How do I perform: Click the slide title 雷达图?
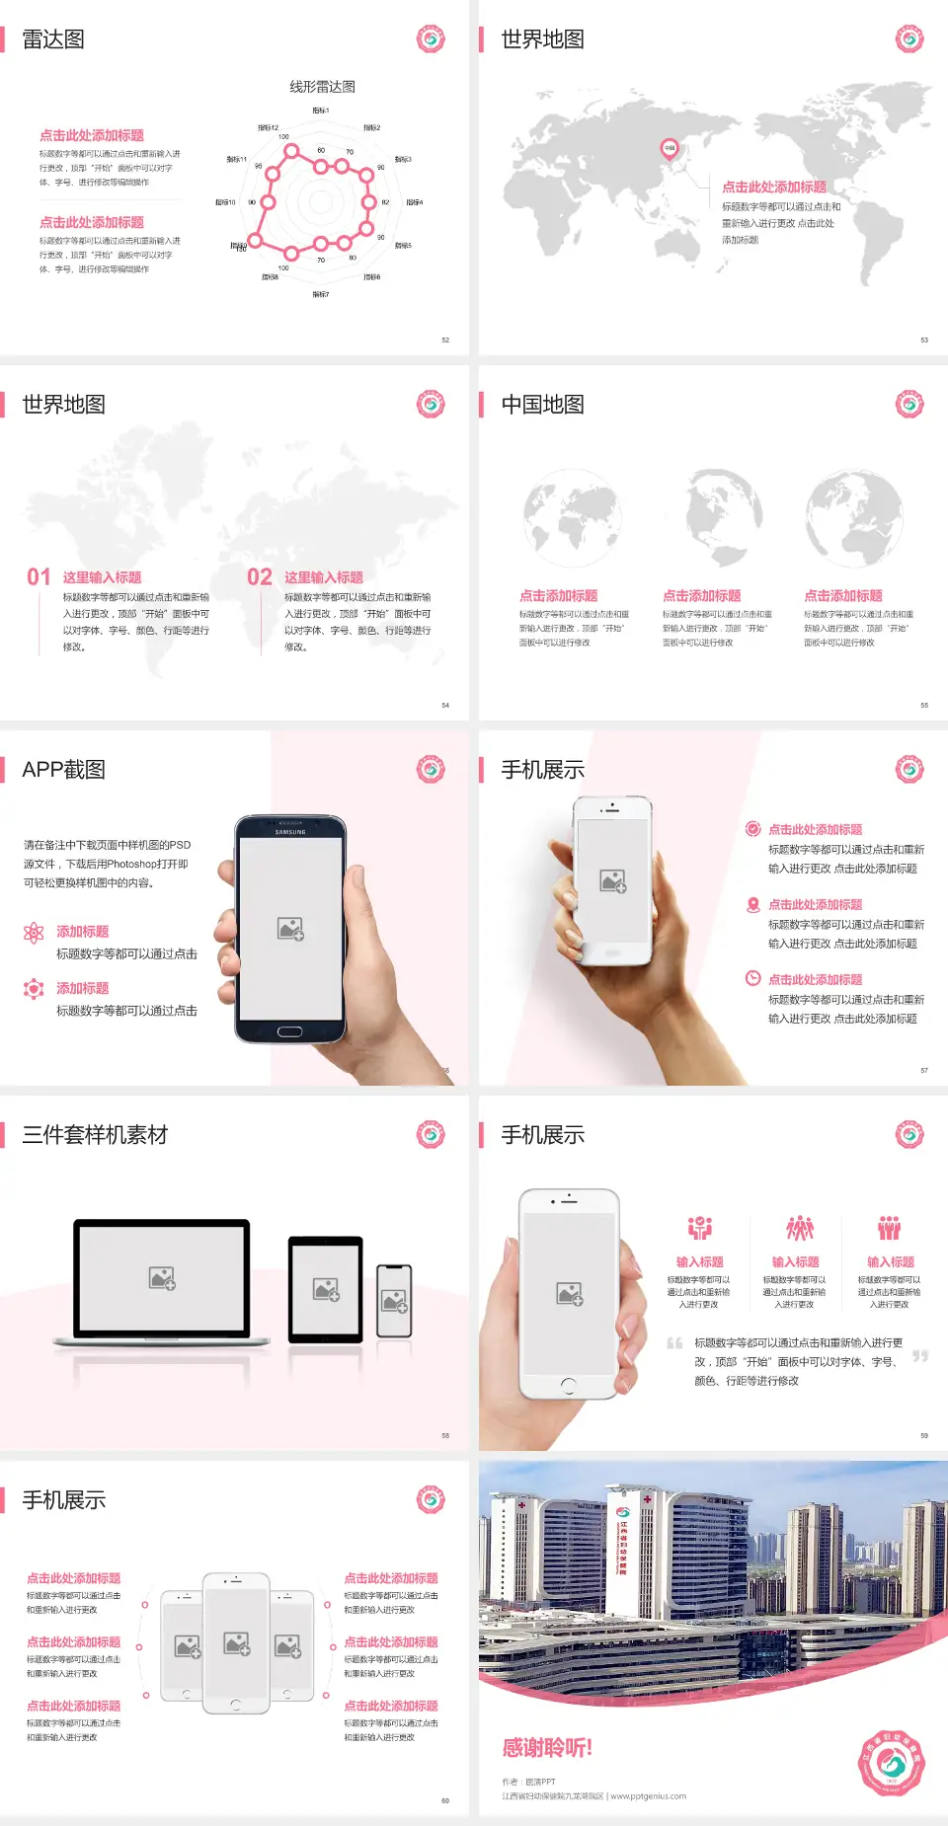[53, 39]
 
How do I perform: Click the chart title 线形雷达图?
[322, 87]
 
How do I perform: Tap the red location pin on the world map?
[669, 149]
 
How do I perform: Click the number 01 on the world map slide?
[39, 576]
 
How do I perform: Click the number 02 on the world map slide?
[260, 576]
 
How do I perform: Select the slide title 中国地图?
[542, 405]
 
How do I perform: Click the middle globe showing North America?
[724, 517]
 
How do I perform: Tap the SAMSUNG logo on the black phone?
[290, 832]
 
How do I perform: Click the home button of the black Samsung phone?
[289, 1031]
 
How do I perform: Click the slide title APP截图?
[64, 770]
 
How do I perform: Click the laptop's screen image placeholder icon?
[162, 1278]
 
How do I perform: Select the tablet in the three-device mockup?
[326, 1288]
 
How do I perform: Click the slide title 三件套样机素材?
[95, 1135]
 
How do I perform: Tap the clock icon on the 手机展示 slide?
[752, 978]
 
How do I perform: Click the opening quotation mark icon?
[674, 1342]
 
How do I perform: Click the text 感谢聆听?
[547, 1748]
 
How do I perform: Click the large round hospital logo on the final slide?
[891, 1763]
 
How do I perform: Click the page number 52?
[445, 340]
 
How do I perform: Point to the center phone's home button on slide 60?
[235, 1705]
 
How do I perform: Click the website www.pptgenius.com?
[648, 1796]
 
